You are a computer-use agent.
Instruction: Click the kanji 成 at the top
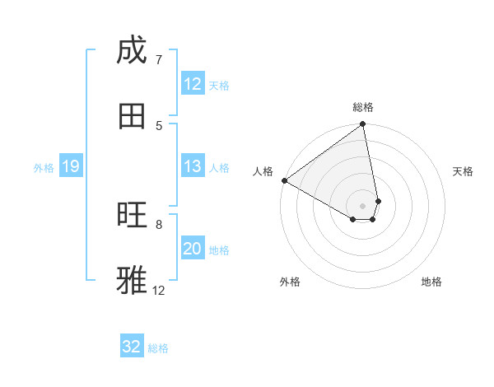131,51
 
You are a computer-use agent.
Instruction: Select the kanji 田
131,116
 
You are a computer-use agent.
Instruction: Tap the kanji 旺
131,215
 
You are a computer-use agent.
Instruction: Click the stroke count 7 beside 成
158,59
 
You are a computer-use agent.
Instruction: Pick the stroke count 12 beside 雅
159,290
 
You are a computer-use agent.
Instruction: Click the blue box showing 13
193,167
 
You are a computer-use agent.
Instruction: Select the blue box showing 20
193,249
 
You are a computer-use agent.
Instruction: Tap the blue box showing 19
71,167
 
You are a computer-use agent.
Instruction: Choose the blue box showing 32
132,347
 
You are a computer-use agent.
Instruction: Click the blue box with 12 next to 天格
193,84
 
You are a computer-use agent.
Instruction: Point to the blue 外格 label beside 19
44,168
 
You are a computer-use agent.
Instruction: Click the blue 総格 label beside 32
158,348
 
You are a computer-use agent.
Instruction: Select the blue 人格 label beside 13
219,168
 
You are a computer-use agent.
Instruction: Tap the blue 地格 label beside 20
219,250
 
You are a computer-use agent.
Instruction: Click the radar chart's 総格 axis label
363,107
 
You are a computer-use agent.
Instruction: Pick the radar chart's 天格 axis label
463,171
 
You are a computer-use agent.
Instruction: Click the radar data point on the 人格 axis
284,180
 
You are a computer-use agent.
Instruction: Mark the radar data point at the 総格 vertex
363,125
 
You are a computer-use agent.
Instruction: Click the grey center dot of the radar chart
363,205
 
